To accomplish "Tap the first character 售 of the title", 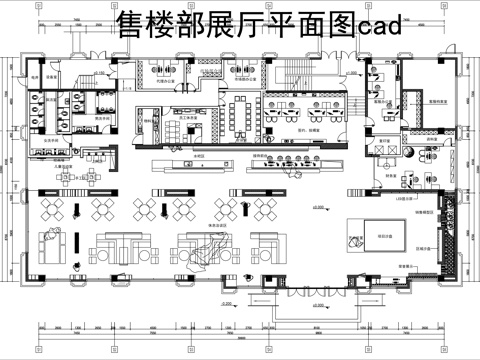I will [x=131, y=24].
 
